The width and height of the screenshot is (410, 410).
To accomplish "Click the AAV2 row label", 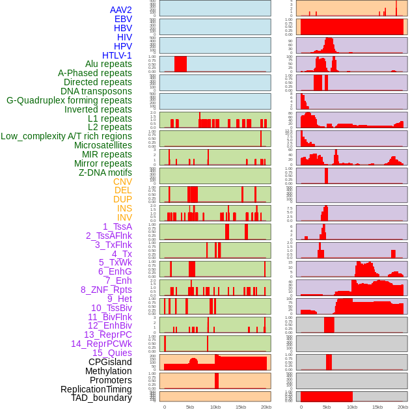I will (x=121, y=10).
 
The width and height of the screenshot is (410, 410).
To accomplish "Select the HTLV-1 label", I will (x=117, y=55).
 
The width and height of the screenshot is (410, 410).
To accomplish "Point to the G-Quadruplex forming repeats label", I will (x=69, y=100).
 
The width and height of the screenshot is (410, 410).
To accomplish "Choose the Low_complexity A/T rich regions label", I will (x=66, y=136).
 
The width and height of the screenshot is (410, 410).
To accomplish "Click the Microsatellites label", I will (x=103, y=145).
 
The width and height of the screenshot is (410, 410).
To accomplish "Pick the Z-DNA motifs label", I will (x=105, y=172).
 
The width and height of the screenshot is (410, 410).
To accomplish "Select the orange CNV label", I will (x=122, y=182).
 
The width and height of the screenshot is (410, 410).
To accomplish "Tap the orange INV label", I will (x=124, y=217).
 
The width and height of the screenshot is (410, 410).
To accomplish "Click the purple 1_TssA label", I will (x=117, y=226).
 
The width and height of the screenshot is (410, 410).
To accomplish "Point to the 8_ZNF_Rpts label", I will (x=106, y=290).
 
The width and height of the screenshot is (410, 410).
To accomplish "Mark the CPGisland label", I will (x=110, y=362).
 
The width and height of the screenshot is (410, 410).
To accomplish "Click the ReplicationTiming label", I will (x=96, y=389).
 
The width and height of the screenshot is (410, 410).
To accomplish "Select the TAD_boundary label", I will (x=102, y=398).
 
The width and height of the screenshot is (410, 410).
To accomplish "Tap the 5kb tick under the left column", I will (x=190, y=407).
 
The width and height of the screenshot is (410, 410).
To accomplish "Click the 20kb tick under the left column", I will (x=266, y=407).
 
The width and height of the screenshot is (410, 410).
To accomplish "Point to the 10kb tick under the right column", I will (x=352, y=407).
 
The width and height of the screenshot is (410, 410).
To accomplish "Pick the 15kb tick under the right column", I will (x=377, y=407).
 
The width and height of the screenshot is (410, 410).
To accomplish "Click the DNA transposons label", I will (x=96, y=91).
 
